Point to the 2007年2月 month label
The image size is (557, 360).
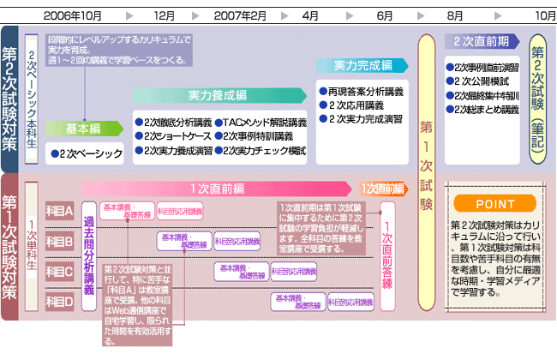pos(240,15)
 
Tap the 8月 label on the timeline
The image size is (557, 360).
pos(455,15)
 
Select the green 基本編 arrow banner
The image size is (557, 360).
pos(84,129)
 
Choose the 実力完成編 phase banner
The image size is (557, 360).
pos(363,65)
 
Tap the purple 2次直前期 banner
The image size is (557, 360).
pos(482,40)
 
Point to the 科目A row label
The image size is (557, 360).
pos(58,209)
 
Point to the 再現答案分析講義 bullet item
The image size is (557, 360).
pos(364,91)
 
